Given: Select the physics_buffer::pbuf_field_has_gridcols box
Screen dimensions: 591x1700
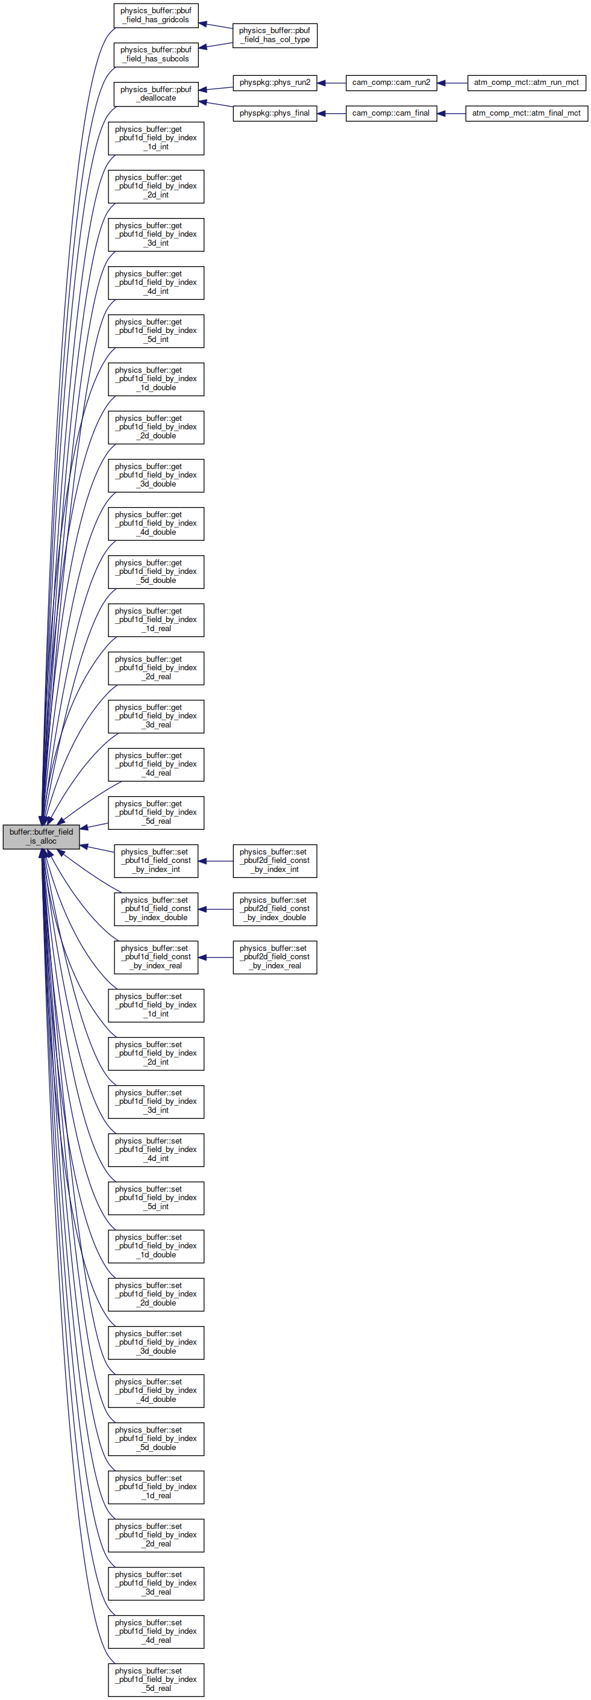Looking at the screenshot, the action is (x=156, y=15).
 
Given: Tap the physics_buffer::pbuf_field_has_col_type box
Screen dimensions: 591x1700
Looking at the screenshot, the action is (x=275, y=35).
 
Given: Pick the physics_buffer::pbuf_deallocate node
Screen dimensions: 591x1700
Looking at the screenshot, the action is (x=156, y=94).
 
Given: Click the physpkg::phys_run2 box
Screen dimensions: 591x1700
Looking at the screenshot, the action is (x=275, y=83).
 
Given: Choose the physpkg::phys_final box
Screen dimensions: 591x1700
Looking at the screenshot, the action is (x=275, y=113).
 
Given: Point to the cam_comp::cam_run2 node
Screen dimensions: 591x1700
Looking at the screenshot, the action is (x=391, y=83).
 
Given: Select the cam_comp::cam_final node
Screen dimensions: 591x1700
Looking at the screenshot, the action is (x=391, y=113).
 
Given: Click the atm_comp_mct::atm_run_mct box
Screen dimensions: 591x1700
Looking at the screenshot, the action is (x=527, y=83).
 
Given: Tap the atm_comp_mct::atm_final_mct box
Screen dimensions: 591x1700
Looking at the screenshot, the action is (x=527, y=113).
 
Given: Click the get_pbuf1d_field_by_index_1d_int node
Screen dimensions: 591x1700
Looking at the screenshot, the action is (x=156, y=139).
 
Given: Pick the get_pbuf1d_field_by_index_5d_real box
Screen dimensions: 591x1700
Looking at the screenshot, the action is (x=156, y=812).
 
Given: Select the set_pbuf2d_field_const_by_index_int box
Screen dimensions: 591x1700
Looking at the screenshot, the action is (x=275, y=861).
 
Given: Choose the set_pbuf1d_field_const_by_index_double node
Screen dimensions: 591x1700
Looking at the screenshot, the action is (x=156, y=909).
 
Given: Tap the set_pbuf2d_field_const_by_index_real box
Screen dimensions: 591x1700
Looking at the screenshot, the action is (x=275, y=957).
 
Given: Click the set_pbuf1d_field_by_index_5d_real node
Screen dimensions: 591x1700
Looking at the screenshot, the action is (x=156, y=1680).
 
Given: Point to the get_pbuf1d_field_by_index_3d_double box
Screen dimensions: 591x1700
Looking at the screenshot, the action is (x=156, y=476).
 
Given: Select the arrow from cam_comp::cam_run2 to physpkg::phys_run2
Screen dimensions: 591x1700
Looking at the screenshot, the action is (x=331, y=83).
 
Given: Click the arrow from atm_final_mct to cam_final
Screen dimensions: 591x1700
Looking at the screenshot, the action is (x=451, y=113).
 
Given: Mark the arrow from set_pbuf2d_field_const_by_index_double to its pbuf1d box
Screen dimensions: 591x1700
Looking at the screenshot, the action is (x=215, y=909).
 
